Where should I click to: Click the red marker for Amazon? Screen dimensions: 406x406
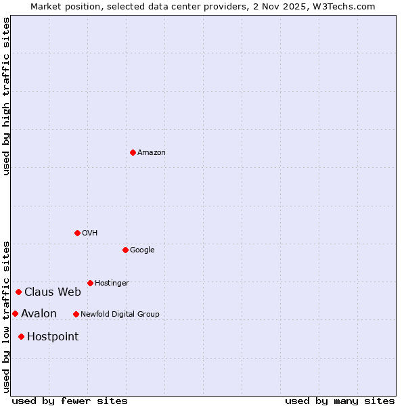[133, 152]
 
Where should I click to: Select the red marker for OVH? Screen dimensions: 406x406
[77, 233]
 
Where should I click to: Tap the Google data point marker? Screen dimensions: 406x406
[125, 250]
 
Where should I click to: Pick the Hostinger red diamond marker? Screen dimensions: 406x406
[90, 283]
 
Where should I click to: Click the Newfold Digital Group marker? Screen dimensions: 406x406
[76, 314]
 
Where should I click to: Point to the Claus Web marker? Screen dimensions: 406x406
[18, 292]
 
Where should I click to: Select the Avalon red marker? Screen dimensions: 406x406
[15, 313]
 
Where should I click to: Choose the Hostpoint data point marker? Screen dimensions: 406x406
[21, 336]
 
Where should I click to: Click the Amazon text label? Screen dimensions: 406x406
[151, 153]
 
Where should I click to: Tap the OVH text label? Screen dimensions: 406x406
[89, 233]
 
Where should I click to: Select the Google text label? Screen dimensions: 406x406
[142, 250]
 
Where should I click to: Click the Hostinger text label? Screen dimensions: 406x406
[112, 284]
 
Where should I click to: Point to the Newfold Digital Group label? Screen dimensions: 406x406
[120, 315]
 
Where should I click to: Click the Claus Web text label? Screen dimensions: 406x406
[53, 292]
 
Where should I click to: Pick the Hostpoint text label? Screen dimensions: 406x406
[53, 337]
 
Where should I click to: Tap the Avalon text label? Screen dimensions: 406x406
[39, 314]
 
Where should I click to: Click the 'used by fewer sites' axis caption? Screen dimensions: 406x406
[70, 401]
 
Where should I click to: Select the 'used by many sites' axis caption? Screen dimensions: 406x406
[340, 401]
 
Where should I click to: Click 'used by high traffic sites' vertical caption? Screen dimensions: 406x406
[7, 97]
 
